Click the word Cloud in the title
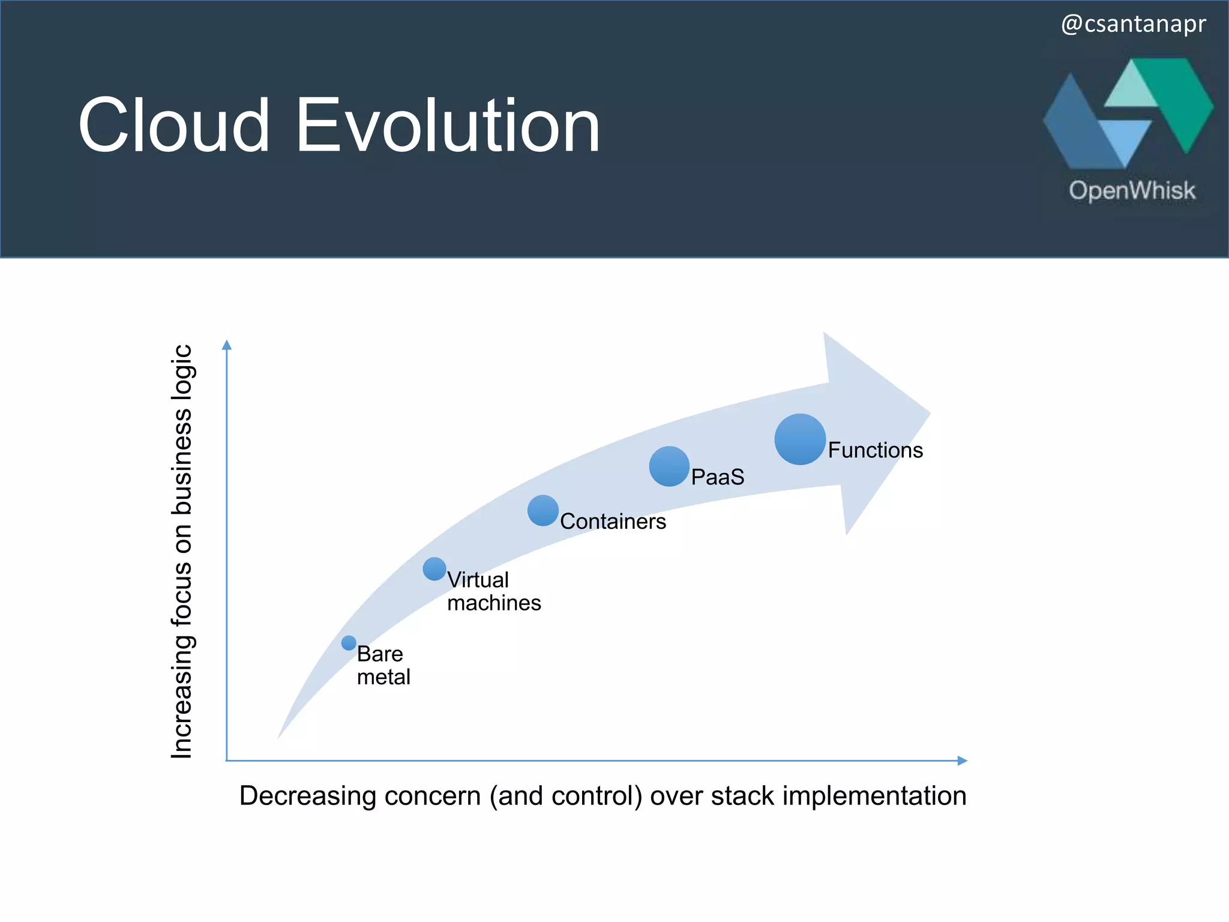click(x=174, y=126)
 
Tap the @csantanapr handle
click(x=1133, y=24)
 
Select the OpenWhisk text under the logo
click(x=1132, y=191)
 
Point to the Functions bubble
click(x=800, y=439)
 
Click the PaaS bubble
click(x=669, y=466)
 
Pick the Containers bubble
click(x=543, y=511)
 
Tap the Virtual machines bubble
click(x=434, y=569)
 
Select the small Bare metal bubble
click(x=349, y=643)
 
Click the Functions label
click(x=875, y=450)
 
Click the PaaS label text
click(x=718, y=477)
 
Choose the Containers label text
click(x=613, y=522)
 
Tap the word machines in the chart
click(x=494, y=603)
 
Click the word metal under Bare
click(x=383, y=677)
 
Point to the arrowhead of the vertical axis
click(x=227, y=345)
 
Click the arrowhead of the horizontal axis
click(x=962, y=761)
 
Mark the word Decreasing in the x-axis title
click(x=307, y=796)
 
